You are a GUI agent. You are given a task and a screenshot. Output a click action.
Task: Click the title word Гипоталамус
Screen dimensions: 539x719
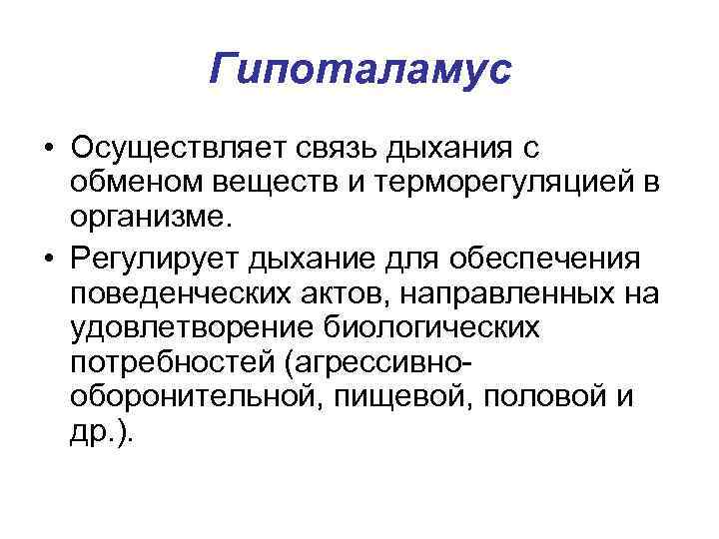359,69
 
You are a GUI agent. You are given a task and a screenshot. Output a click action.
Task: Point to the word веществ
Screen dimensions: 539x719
245,181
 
